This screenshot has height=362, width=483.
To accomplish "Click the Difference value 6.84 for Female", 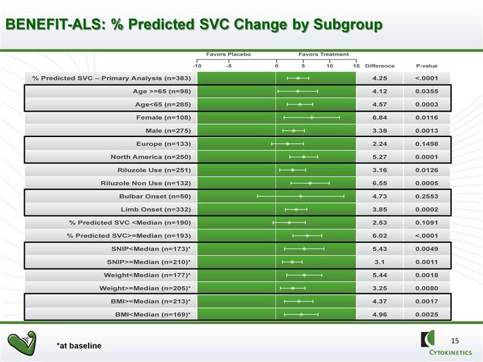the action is click(380, 118).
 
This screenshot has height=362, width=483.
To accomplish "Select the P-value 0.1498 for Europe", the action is click(427, 144).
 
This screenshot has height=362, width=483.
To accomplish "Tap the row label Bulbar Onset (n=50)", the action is click(155, 197).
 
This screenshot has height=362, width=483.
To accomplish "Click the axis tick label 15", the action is click(356, 66).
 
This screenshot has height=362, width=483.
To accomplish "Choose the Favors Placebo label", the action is click(229, 54).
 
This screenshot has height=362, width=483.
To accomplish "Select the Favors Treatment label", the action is click(324, 54).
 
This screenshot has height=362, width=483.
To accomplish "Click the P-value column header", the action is click(427, 66).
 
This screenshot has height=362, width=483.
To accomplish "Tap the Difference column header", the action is click(380, 66).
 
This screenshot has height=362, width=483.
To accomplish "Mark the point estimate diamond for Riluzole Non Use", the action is click(310, 183).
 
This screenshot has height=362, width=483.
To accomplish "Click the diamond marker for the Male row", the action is click(293, 131).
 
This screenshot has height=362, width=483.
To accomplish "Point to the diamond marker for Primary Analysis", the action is click(298, 78).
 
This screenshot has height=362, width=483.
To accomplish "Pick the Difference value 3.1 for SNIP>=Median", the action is click(380, 262).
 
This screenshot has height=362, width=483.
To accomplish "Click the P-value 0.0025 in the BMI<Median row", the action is click(427, 314).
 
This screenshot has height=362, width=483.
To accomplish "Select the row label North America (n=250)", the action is click(150, 157).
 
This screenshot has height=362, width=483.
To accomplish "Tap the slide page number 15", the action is click(455, 341).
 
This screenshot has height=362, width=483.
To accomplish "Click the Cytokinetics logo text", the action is click(450, 353).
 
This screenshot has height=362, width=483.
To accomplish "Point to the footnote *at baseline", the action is click(79, 346).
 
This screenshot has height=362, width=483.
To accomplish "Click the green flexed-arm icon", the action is click(22, 343).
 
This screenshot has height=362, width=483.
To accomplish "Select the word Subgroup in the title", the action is click(348, 25).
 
